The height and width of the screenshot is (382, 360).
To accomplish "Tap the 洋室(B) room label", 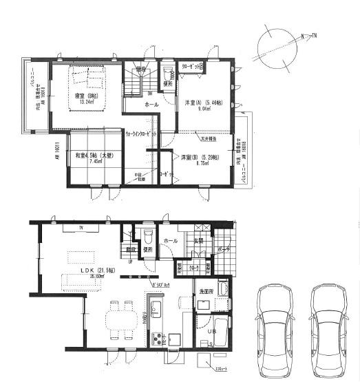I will (x=200, y=158).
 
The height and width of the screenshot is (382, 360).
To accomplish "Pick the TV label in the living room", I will (x=81, y=226).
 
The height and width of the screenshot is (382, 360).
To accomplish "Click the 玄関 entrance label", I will (x=198, y=240).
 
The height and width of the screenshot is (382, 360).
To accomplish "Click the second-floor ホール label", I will (x=151, y=105).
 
